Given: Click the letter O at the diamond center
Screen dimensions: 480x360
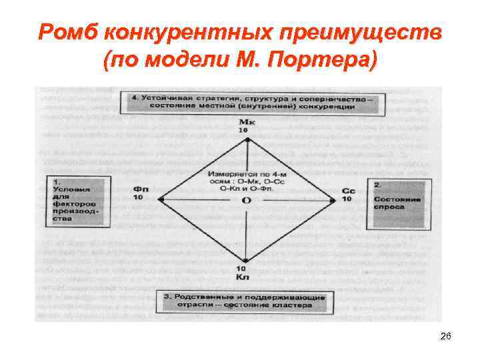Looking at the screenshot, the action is [246, 199].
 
